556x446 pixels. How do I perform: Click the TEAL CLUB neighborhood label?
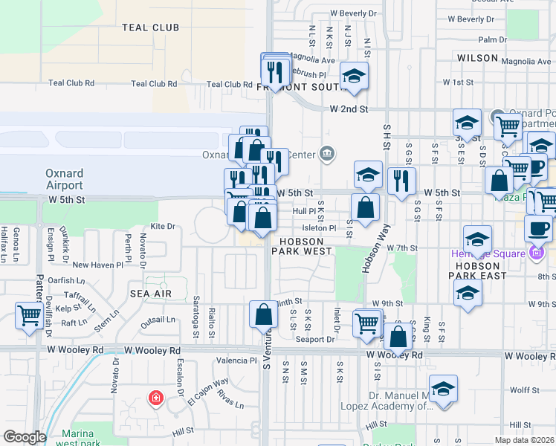coord(151,28)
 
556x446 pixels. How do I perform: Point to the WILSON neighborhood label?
coord(477,57)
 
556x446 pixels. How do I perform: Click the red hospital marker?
coord(155,398)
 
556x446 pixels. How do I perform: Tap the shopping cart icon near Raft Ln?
coord(29,315)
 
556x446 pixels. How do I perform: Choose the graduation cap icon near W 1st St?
coord(355,76)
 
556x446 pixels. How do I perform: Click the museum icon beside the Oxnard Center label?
coord(326,154)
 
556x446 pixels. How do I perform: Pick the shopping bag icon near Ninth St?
coord(263,314)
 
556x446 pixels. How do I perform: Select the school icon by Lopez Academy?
coord(443,390)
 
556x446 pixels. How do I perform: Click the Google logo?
coord(25,437)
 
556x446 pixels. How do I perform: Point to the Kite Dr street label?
coord(162,226)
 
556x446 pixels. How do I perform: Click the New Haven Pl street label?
coord(97,265)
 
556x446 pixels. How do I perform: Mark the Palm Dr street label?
coord(488,39)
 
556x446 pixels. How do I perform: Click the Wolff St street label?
coord(524,389)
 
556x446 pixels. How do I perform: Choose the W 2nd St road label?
coord(349,109)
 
